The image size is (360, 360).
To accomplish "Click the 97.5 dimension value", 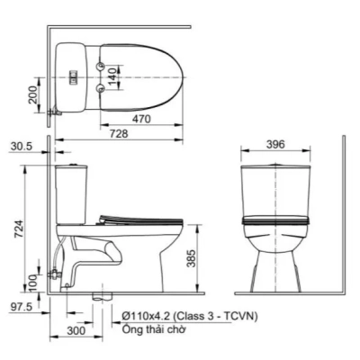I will pos(20,308).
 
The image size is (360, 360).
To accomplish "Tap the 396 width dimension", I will pos(276,145).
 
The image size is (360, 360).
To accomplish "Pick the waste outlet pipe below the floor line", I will pos(101,296).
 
